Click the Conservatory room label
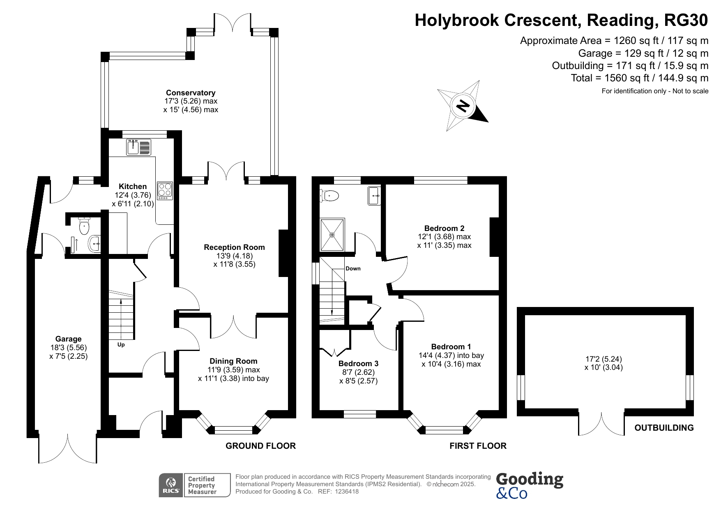(190, 93)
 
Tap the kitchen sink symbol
(139, 147)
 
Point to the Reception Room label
(234, 247)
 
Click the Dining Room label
(233, 361)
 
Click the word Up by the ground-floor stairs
(121, 345)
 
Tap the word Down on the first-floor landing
(353, 269)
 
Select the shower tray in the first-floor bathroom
(332, 235)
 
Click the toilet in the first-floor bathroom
(329, 196)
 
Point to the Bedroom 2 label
(444, 228)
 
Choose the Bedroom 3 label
(358, 364)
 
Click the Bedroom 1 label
(451, 347)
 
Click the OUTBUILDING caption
(664, 428)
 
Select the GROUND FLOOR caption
(260, 446)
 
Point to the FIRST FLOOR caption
(478, 446)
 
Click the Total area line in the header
(639, 78)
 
